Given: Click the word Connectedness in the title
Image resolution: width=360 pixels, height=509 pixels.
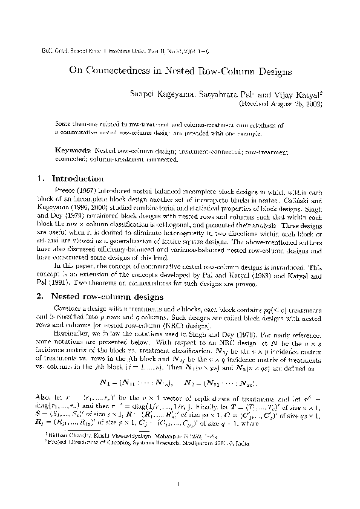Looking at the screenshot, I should (122, 71).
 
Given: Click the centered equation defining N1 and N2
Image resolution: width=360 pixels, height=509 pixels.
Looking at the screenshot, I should (180, 383).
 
